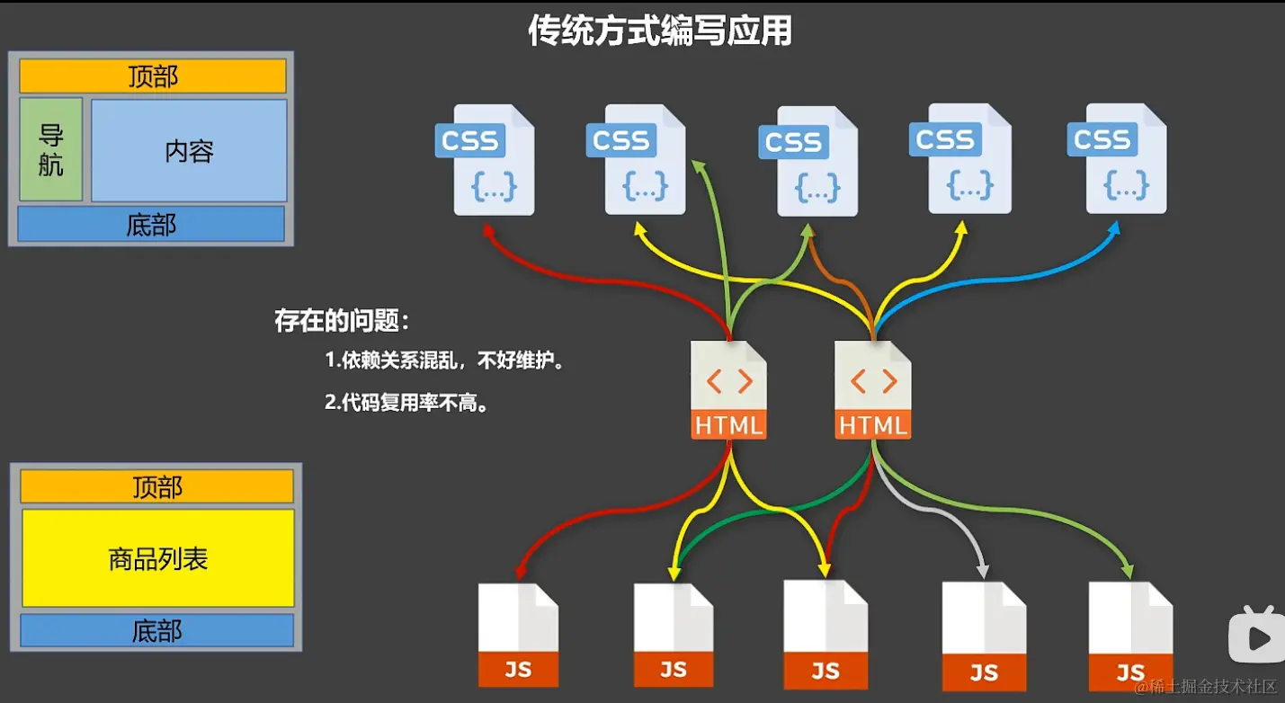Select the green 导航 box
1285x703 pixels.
coord(51,149)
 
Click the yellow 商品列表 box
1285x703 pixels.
coord(158,558)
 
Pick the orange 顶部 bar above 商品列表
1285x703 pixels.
coord(157,486)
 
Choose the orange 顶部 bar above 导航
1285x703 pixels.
coord(153,76)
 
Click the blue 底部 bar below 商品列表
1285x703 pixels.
coord(157,631)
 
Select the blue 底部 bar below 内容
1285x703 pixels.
coord(151,225)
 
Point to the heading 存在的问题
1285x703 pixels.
coord(342,321)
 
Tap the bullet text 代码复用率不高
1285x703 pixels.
coord(407,403)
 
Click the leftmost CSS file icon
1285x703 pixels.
coord(490,160)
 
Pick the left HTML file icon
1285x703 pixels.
coord(728,390)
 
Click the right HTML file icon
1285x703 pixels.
coord(872,390)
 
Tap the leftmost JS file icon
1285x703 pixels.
coord(518,635)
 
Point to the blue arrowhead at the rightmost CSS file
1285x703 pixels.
coord(1114,227)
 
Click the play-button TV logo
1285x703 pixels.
coord(1256,635)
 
